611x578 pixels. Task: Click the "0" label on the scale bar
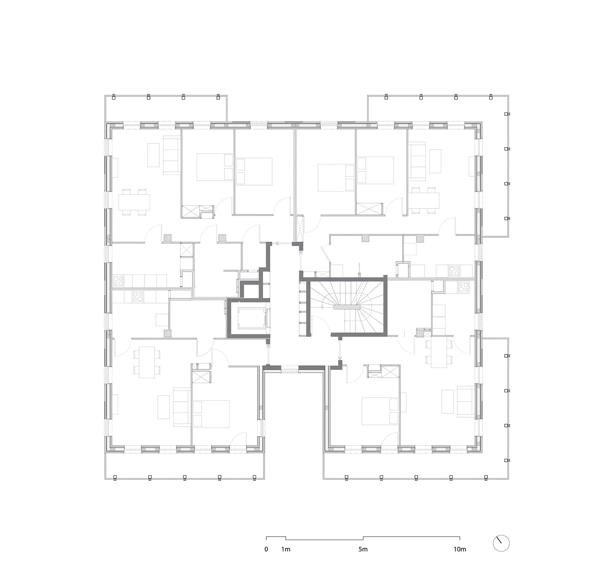[266, 549]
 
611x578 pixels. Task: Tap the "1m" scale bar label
[286, 549]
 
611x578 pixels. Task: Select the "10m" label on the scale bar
[460, 549]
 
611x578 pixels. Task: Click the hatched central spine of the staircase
[347, 307]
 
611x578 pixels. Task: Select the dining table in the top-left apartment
[134, 202]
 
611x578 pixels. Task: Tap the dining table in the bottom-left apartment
[147, 362]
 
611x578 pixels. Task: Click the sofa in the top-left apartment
[172, 155]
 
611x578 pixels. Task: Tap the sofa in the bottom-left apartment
[182, 407]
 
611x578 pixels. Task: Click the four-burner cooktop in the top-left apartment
[118, 281]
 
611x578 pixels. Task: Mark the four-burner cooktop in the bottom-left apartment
[138, 296]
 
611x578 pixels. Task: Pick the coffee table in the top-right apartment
[435, 161]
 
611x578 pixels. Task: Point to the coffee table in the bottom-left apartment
[164, 407]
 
